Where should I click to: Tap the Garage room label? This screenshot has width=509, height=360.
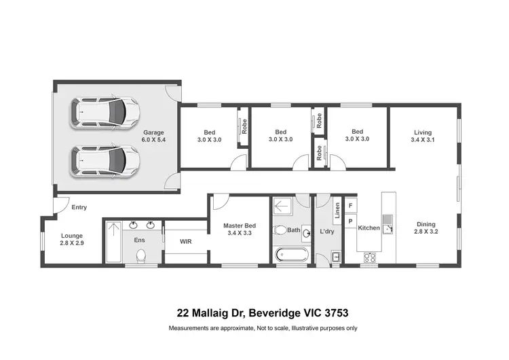pos(153,132)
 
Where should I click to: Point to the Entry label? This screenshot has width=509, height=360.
pos(79,208)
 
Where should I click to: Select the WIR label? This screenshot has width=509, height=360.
pos(186,241)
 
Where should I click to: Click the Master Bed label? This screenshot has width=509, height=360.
pos(240,226)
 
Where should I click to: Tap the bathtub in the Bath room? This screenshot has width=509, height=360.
pos(292,256)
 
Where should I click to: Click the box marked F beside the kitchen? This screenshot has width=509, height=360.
pos(351,205)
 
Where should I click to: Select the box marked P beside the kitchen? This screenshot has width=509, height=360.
pos(351,221)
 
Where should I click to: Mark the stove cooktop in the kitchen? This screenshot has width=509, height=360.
pos(371,257)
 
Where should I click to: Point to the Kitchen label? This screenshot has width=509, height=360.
pos(369,228)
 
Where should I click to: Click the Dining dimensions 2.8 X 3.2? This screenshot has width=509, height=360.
pos(426,232)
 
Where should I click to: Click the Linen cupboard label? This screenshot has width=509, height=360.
pos(337,212)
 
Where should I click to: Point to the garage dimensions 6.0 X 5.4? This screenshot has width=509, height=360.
pos(153,140)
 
